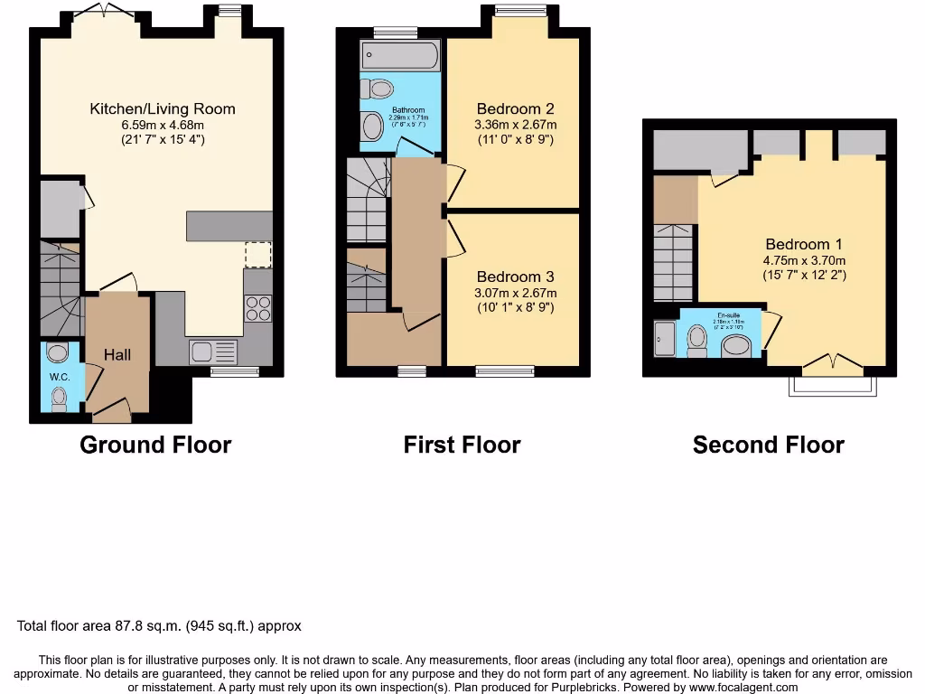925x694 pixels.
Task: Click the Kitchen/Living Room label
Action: pos(163,109)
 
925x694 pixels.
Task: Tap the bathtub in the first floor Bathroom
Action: pos(399,56)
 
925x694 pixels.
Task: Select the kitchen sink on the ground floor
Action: pos(213,352)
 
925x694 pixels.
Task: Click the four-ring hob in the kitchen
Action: pos(257,309)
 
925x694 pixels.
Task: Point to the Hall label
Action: pos(117,355)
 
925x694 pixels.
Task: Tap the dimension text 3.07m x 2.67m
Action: pos(516,293)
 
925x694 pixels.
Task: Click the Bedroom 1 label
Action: pos(803,244)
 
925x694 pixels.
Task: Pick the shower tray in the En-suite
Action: pos(665,340)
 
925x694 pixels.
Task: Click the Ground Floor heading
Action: pos(155,445)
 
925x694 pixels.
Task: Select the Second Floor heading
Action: pos(768,445)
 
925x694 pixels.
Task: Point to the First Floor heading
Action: pos(462,445)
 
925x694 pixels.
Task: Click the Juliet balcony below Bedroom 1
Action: pos(832,386)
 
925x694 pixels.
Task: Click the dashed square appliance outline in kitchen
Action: pos(257,255)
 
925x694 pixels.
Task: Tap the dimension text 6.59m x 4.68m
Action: pos(163,125)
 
